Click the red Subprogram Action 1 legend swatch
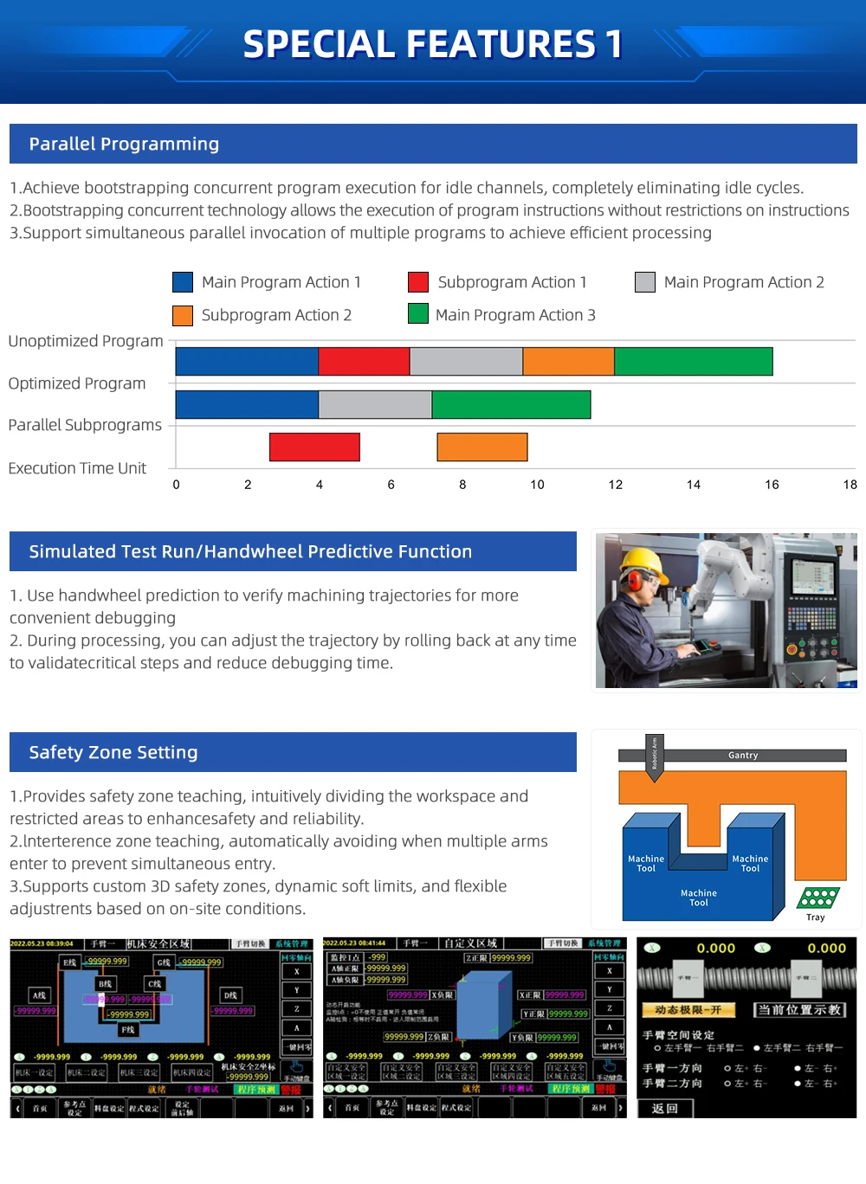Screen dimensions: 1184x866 tap(418, 282)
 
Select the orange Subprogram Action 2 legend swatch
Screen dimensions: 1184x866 tap(183, 315)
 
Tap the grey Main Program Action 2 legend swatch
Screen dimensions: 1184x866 tap(645, 282)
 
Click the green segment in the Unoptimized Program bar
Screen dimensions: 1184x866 tap(693, 362)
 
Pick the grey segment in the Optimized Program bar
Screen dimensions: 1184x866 tap(375, 404)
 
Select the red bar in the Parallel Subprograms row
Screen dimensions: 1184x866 tap(314, 447)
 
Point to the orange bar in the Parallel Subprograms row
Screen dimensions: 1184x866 tap(482, 447)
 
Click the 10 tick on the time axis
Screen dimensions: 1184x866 tap(537, 485)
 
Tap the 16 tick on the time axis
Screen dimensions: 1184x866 tap(772, 485)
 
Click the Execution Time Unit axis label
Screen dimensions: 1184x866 tap(77, 468)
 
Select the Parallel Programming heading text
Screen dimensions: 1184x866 tap(124, 144)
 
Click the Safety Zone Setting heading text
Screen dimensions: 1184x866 tap(113, 752)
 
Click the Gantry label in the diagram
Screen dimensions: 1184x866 tap(743, 756)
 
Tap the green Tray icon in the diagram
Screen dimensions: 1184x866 tap(818, 898)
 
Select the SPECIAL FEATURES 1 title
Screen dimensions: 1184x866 tap(433, 44)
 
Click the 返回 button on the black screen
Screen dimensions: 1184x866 tap(664, 1108)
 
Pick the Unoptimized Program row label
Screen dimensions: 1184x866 tap(86, 341)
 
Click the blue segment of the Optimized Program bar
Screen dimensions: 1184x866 tap(247, 404)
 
